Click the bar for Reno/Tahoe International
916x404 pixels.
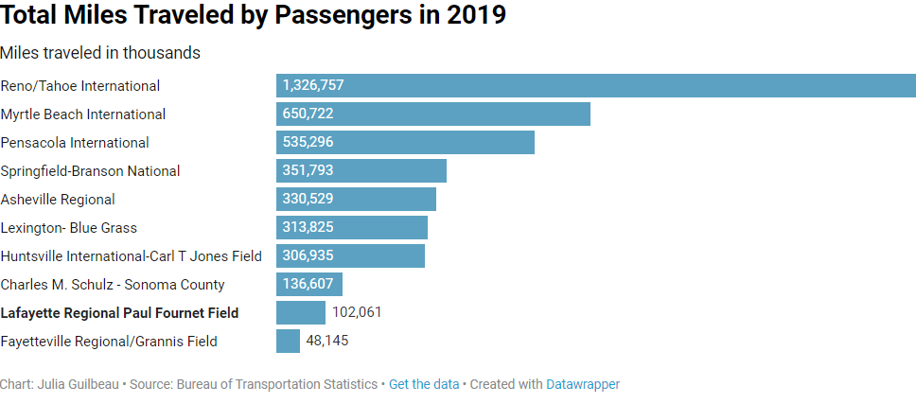(x=596, y=86)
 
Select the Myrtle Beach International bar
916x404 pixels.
(x=433, y=114)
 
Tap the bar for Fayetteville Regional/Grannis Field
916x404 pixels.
(x=288, y=342)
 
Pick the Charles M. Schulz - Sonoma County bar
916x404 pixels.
(x=309, y=285)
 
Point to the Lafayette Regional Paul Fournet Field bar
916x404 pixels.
(x=301, y=313)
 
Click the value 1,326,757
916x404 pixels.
(x=313, y=86)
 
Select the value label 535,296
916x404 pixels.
(x=308, y=143)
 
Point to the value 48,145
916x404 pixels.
(x=327, y=341)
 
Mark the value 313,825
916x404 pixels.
(x=308, y=228)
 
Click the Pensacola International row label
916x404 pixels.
(x=75, y=143)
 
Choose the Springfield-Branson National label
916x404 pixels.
(x=90, y=171)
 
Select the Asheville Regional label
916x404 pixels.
(x=58, y=200)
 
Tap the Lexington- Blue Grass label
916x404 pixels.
(x=69, y=228)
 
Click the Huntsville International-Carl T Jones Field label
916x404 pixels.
(x=132, y=256)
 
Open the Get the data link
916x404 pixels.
(x=424, y=384)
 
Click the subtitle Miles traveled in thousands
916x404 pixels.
(x=100, y=53)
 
